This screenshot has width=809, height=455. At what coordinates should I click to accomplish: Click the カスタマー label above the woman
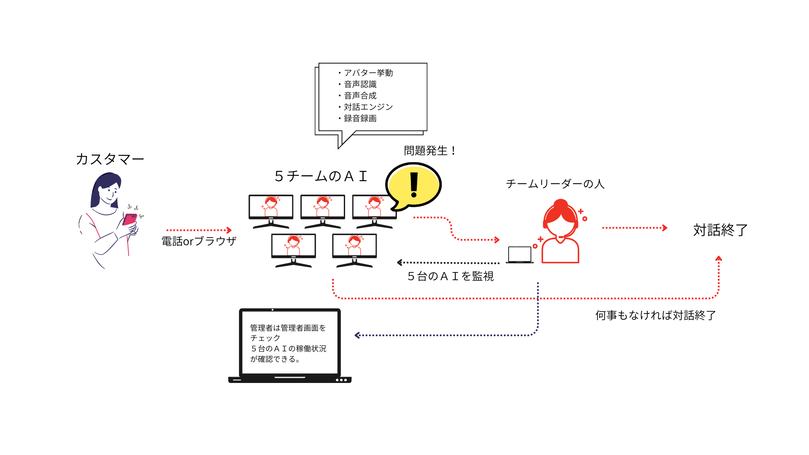pos(110,159)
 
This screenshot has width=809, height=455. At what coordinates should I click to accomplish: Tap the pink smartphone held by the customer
pos(130,219)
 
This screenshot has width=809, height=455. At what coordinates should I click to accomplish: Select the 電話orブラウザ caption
pos(199,241)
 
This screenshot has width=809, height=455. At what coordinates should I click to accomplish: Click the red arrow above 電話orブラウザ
pos(199,230)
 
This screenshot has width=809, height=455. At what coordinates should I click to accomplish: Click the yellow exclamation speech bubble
pos(413,185)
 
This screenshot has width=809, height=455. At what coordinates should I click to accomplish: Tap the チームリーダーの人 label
pos(555,184)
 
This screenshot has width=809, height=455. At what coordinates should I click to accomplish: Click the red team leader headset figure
pos(560,232)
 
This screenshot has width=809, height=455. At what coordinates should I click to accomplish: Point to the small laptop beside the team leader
pos(520,255)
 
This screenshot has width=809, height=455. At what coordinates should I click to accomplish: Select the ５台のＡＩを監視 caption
pos(450,276)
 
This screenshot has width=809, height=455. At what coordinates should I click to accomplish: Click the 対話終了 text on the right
pos(721,230)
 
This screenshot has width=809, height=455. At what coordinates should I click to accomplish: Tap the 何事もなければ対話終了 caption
pos(656,316)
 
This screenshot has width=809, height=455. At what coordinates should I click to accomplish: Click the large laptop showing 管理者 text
pos(290,345)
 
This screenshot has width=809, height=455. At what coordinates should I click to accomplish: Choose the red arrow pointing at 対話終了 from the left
pos(635,228)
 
